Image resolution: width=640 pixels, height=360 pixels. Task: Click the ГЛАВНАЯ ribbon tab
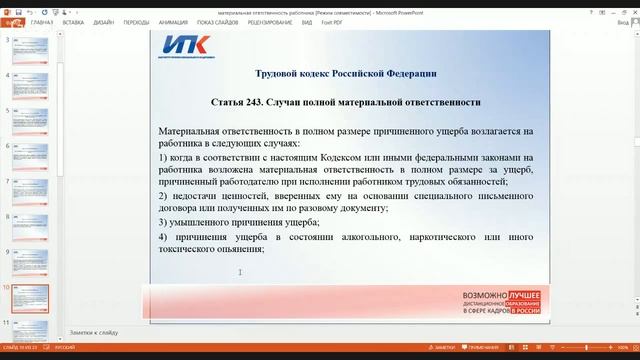[42, 20]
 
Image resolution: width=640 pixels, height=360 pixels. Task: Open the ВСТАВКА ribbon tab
[73, 20]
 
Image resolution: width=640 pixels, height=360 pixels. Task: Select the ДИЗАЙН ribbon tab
[103, 20]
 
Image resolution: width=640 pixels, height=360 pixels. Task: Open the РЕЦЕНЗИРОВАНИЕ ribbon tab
[270, 20]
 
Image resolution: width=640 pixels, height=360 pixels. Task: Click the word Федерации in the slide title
[406, 73]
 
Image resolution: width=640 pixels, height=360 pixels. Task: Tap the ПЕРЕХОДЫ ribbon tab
[136, 20]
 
